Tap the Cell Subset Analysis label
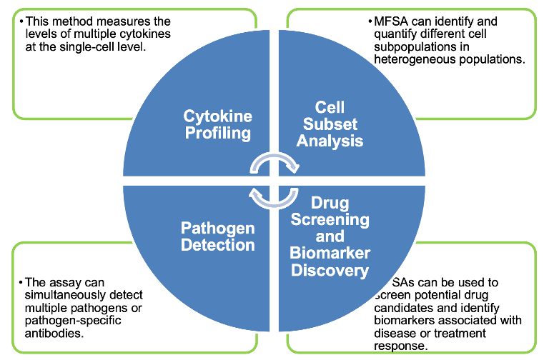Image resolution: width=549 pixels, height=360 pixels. [330, 124]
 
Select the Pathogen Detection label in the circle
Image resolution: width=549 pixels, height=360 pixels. [217, 237]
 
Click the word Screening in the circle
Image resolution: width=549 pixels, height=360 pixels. [330, 219]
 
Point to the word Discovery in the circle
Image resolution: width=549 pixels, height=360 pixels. [330, 270]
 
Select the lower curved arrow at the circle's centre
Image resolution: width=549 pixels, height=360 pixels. [274, 196]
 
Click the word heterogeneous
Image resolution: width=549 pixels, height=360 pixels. [410, 59]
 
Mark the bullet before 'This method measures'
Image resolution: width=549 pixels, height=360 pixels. [21, 22]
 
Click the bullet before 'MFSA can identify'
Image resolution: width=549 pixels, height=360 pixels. [369, 22]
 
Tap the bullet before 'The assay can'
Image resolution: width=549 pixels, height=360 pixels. [21, 284]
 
